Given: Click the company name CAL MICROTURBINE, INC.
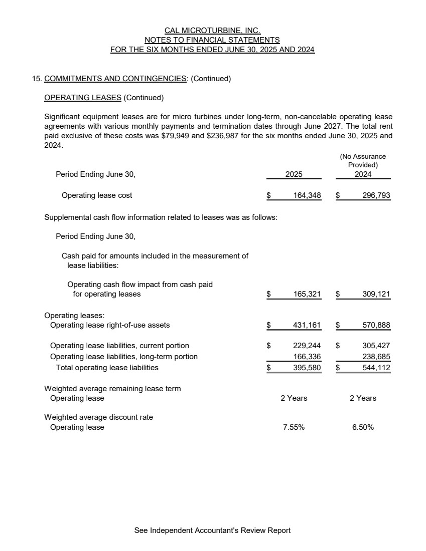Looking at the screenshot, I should pos(212,31).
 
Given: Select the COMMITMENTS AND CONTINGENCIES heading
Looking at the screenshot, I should pos(115,79).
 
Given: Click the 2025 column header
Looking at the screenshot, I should pos(294,175).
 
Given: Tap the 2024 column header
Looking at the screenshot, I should pos(363,175).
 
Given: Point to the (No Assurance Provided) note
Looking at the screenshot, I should pos(363,160).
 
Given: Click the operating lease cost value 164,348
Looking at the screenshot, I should pos(307,195).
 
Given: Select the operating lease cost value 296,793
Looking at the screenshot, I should pos(376,195).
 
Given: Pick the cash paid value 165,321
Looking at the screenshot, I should pos(307,294).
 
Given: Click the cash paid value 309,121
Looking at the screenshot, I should pos(376,294).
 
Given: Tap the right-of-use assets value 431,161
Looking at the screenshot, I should pos(307,325).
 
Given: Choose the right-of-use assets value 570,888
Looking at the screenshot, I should pos(376,325).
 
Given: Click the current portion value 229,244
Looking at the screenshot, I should pos(307,346).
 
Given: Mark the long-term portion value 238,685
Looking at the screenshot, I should pos(376,357).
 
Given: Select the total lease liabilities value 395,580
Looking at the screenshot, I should pos(307,368).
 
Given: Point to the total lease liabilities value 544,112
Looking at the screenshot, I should pos(376,368).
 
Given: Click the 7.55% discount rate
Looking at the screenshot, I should pos(294,427).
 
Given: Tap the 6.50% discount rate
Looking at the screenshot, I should pos(363,427).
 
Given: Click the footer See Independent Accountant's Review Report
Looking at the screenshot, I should pos(212,530).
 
